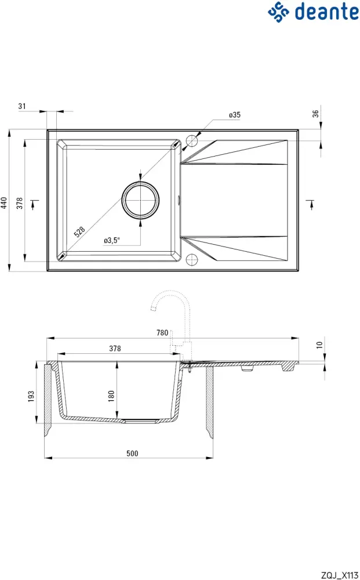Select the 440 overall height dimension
tap(4, 202)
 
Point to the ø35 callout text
tap(234, 115)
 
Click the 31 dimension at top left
tap(22, 106)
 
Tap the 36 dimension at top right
tap(316, 114)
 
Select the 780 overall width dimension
tap(162, 332)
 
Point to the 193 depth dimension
tap(32, 396)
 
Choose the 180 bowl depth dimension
tap(111, 396)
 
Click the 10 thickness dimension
tap(319, 345)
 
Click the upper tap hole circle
tap(192, 141)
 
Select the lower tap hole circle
tap(192, 259)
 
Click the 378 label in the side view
tap(115, 349)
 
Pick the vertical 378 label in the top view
tap(19, 202)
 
